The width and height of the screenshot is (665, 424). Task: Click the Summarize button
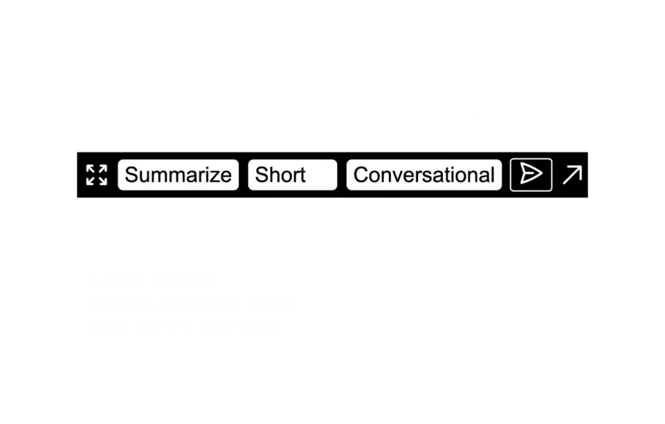[178, 175]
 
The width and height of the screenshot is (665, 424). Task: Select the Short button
[292, 175]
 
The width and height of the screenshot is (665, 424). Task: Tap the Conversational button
[424, 175]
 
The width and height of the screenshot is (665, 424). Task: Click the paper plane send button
[531, 175]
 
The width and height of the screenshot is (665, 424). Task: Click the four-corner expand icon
[97, 175]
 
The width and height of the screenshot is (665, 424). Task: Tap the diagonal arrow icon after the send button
[572, 175]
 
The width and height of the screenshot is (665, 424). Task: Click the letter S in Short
[261, 175]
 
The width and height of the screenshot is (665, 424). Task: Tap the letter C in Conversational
[360, 175]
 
